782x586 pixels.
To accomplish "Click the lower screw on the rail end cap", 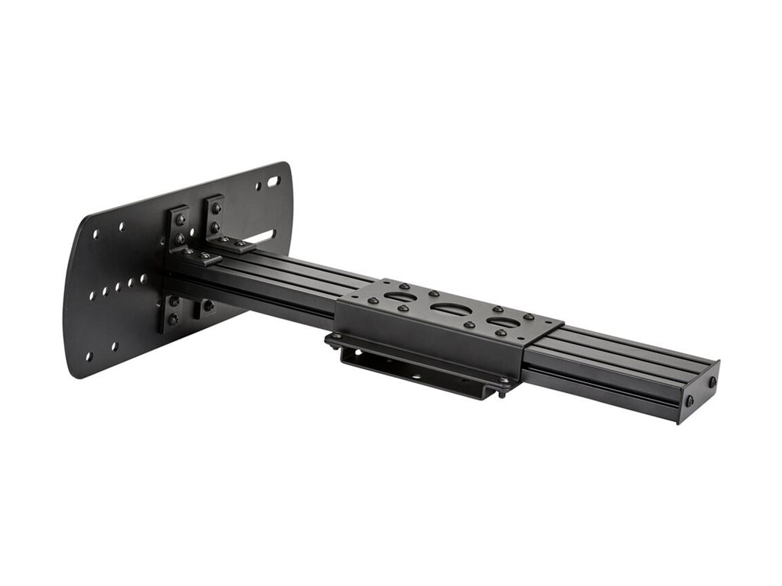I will [690, 400].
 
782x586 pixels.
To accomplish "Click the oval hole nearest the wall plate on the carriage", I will [400, 296].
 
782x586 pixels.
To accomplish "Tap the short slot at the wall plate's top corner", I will [273, 183].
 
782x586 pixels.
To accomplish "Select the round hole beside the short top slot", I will [259, 187].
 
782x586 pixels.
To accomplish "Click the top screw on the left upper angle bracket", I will [181, 219].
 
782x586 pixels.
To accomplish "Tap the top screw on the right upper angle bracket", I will [217, 208].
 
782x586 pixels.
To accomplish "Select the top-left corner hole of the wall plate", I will [96, 234].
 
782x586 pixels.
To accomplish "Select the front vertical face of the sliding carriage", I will [428, 343].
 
